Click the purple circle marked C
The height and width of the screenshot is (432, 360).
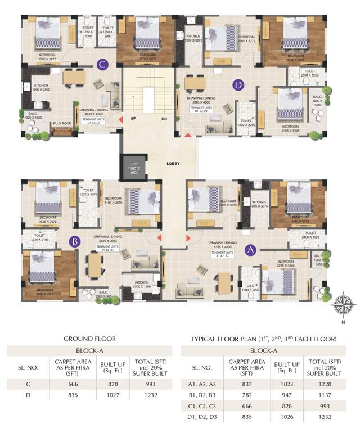click(x=102, y=64)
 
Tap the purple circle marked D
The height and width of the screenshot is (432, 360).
click(x=238, y=85)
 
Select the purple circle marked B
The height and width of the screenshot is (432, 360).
click(x=73, y=242)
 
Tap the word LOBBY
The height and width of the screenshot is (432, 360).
click(x=173, y=164)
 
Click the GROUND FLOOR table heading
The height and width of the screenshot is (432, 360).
click(x=89, y=339)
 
